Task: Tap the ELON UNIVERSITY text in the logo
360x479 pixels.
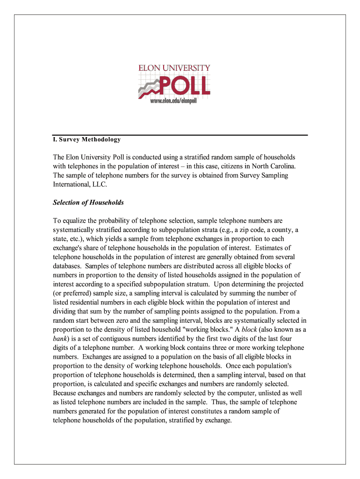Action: pos(174,68)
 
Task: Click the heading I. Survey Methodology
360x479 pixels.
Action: pos(86,139)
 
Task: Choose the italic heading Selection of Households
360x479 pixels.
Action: pos(88,203)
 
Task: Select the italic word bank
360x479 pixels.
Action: pos(60,339)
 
